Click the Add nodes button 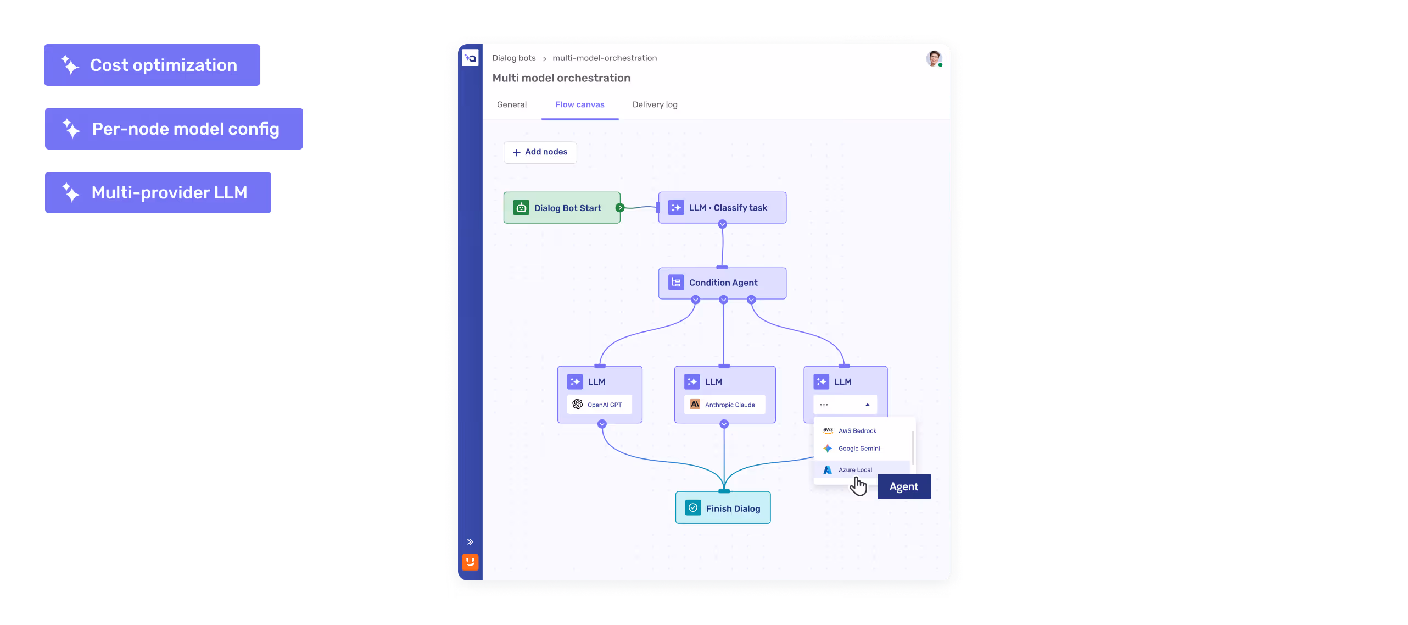tap(540, 152)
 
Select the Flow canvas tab tap(579, 104)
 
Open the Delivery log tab tap(655, 104)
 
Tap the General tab tap(511, 104)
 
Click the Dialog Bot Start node tap(562, 208)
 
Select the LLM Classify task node tap(722, 208)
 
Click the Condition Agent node tap(722, 283)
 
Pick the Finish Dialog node tap(723, 508)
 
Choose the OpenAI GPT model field tap(599, 405)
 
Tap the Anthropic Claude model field tap(724, 405)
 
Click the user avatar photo tap(934, 58)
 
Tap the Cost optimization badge tap(152, 65)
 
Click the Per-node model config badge tap(174, 129)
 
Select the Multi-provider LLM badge tap(158, 192)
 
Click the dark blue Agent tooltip tap(904, 486)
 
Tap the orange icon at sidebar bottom tap(470, 562)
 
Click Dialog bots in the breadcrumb tap(514, 58)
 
